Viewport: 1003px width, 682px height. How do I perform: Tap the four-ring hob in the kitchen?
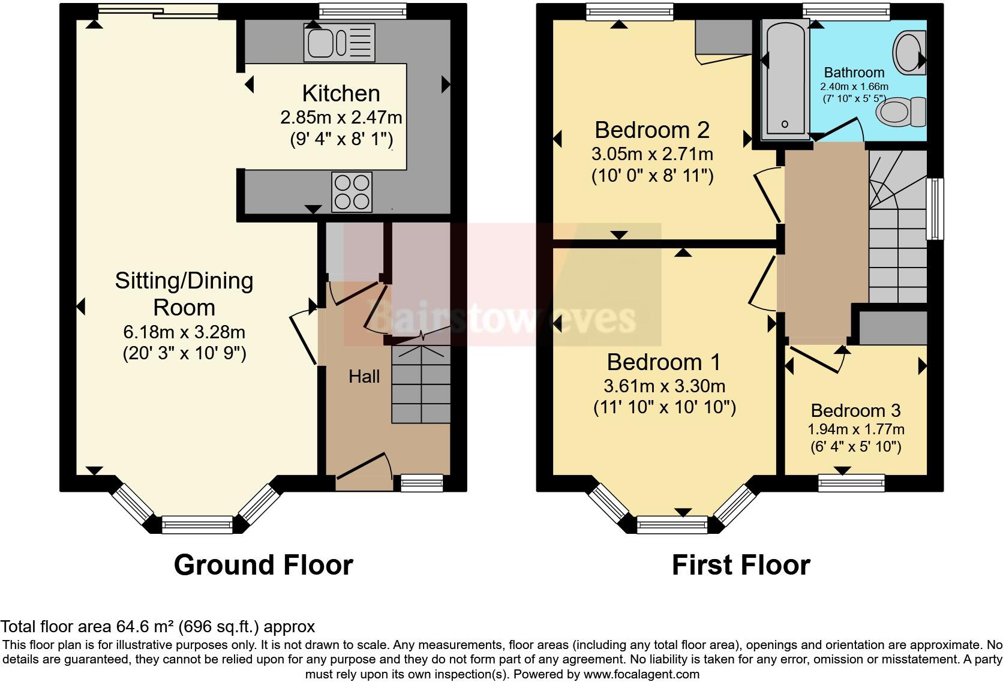(352, 192)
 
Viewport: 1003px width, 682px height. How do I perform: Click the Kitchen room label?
(341, 94)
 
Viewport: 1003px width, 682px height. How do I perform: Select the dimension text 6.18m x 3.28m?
(184, 332)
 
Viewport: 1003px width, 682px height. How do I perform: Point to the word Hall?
(364, 377)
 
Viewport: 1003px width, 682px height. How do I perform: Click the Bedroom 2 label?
(652, 130)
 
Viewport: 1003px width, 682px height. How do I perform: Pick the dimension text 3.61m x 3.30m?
(664, 386)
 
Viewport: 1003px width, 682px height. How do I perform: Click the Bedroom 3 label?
(855, 411)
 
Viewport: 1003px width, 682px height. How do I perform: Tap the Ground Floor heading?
(263, 565)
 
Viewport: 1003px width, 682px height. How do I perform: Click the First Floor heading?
(741, 565)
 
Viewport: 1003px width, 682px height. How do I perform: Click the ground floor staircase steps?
(421, 384)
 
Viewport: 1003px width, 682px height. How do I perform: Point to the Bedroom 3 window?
(852, 483)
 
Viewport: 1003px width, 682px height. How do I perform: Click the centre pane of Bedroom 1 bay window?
(672, 526)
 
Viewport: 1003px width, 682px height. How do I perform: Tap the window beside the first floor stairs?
(934, 209)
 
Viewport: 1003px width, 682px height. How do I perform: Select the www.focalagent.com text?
(641, 674)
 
